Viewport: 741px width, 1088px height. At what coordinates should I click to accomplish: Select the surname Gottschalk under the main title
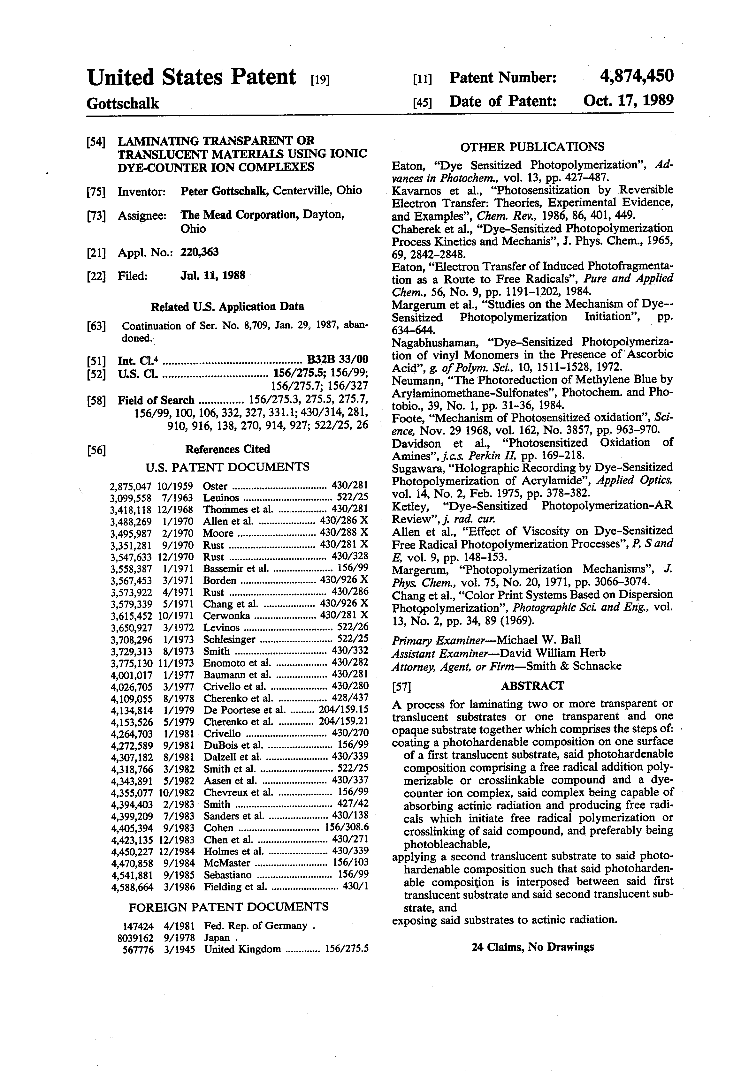123,103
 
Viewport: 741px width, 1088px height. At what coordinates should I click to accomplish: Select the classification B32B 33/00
337,359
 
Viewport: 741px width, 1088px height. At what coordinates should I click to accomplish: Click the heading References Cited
228,450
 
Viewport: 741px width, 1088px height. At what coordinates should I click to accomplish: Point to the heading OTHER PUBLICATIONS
532,147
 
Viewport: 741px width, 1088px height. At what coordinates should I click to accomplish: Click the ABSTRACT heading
532,686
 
